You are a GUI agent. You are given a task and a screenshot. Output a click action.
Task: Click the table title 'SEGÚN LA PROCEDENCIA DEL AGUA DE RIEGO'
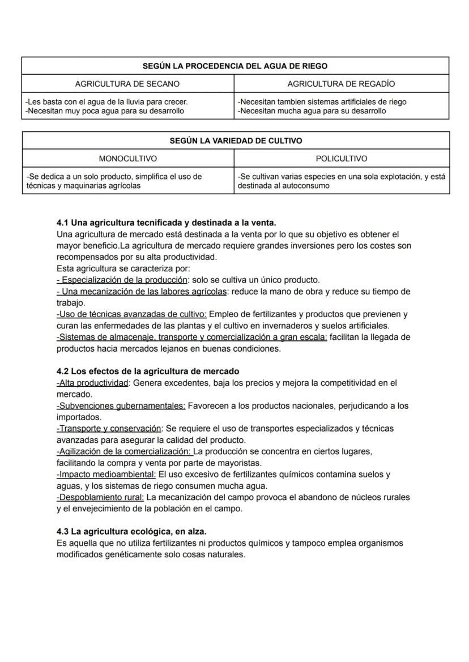pos(235,66)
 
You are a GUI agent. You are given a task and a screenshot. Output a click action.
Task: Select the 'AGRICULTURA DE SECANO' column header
pos(127,84)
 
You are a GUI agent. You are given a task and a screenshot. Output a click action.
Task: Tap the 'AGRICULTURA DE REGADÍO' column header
pos(341,84)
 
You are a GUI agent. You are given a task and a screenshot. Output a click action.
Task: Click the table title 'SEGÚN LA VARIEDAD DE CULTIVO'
pos(235,141)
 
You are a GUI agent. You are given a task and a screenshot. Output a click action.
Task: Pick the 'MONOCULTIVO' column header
pos(128,159)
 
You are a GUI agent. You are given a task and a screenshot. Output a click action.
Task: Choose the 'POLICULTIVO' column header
pos(341,159)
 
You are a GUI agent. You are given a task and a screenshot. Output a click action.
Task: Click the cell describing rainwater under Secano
pos(128,106)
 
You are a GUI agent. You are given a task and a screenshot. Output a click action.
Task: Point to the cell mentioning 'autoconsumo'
pos(341,181)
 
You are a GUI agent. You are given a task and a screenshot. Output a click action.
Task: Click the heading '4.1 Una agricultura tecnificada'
pos(166,223)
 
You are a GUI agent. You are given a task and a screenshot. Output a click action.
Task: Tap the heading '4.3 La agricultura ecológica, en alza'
pos(131,532)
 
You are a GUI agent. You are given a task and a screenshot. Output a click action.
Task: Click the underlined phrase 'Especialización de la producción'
pos(124,280)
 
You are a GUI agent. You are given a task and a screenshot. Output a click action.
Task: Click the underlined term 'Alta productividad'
pos(93,383)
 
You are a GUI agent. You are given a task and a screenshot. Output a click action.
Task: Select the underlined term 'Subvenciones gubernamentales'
pos(121,406)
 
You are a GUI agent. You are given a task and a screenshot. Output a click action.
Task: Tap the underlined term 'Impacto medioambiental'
pos(106,475)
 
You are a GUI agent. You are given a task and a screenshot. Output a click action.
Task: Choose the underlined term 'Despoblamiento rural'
pos(100,497)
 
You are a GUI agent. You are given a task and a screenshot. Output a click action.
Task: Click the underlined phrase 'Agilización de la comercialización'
pos(124,451)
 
